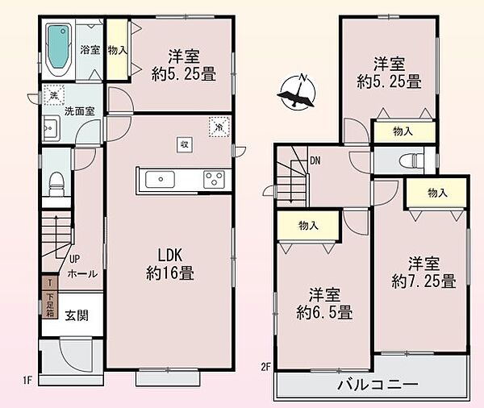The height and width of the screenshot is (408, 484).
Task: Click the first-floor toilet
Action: pyautogui.click(x=56, y=184)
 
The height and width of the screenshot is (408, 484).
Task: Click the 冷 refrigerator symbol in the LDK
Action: pyautogui.click(x=218, y=125)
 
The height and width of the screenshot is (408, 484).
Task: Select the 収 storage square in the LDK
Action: pyautogui.click(x=184, y=144)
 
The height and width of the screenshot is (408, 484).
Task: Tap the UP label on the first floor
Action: pyautogui.click(x=75, y=259)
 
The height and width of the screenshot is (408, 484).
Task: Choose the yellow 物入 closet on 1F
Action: pyautogui.click(x=117, y=50)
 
